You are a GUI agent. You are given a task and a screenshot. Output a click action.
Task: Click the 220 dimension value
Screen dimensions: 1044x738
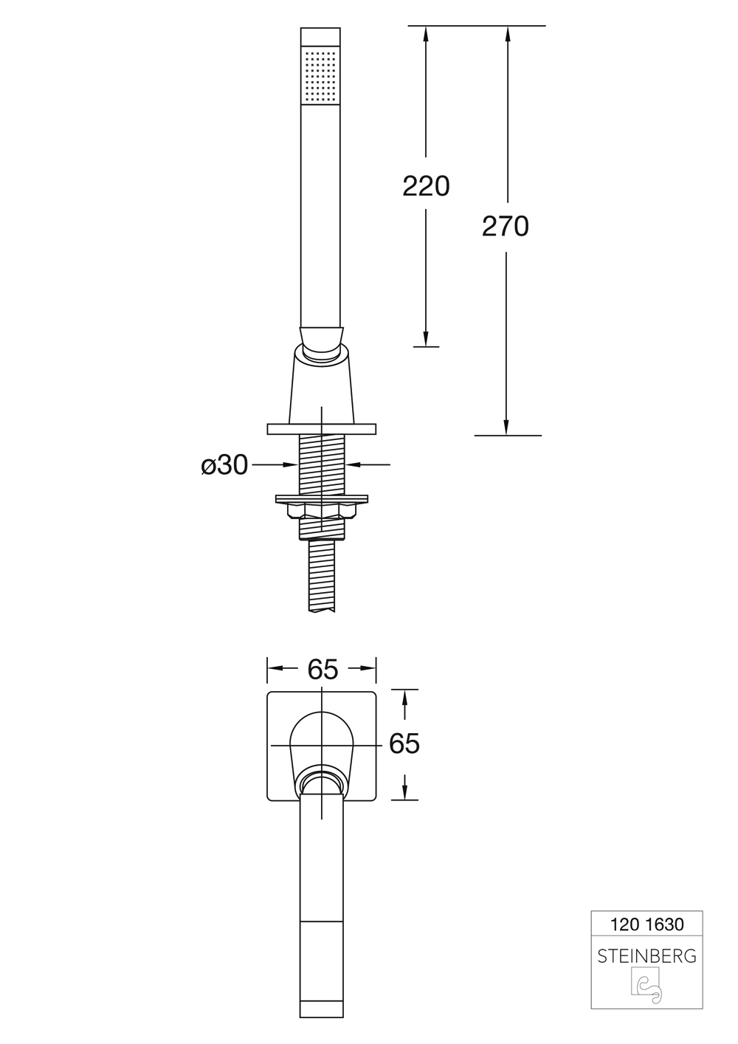(426, 186)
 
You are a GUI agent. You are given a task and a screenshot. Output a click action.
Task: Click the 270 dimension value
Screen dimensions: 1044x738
(506, 226)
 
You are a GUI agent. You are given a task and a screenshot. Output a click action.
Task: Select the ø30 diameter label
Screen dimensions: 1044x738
(224, 465)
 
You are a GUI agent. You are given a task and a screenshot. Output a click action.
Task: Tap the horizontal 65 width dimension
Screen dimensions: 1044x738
(323, 669)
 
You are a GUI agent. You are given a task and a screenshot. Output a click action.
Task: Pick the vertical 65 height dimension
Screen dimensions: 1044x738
(404, 743)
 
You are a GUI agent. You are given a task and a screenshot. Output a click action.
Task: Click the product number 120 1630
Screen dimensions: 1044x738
(647, 924)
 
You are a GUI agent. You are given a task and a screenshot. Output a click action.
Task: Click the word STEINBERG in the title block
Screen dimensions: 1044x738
(646, 956)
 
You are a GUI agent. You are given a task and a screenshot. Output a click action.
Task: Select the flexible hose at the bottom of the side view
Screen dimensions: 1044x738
(322, 576)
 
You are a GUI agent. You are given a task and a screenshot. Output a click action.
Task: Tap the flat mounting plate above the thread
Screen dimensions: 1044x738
(322, 428)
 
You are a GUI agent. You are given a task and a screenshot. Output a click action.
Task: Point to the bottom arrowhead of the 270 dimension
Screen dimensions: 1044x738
(506, 427)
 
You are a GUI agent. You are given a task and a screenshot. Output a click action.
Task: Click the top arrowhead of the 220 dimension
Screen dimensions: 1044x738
(426, 34)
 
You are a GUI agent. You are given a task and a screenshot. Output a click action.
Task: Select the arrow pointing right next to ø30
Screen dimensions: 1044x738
(288, 464)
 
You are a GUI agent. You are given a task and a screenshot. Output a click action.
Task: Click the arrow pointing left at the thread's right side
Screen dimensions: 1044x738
(356, 464)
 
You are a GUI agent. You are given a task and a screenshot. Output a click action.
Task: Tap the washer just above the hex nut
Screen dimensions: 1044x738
(322, 498)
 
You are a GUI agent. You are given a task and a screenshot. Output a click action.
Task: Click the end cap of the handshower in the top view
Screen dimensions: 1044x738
(322, 1009)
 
